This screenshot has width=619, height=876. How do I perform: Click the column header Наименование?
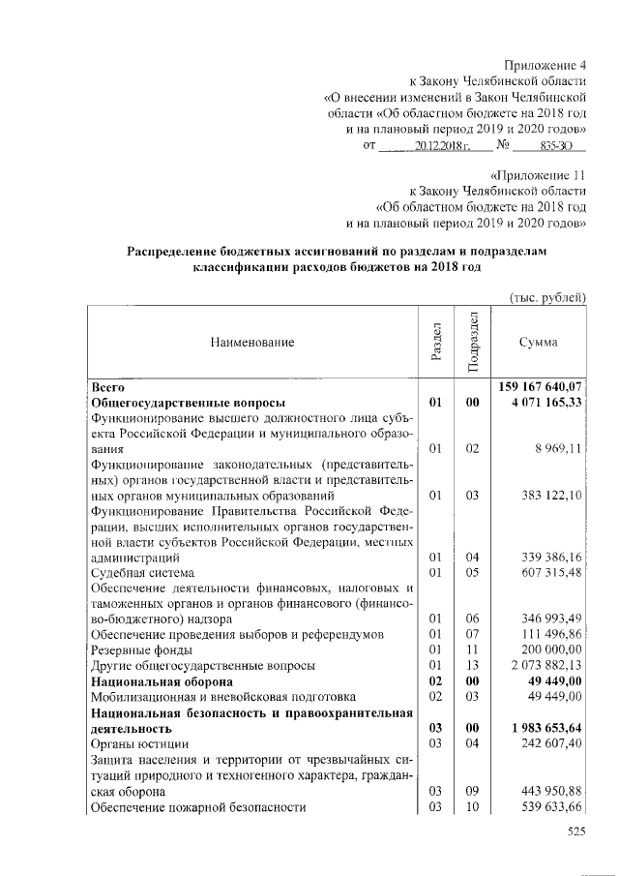tap(249, 342)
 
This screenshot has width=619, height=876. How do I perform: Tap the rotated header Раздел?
tap(436, 343)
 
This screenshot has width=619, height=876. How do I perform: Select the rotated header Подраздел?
tap(472, 342)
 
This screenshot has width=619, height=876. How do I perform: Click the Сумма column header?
tap(538, 342)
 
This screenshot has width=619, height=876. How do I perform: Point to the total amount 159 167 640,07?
tap(541, 386)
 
